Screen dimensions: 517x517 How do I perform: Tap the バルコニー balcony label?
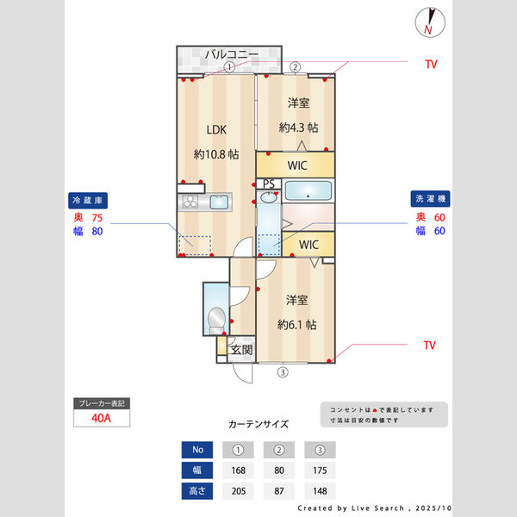click(x=231, y=55)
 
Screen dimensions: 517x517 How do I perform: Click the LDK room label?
click(x=215, y=130)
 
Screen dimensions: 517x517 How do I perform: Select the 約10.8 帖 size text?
click(x=215, y=155)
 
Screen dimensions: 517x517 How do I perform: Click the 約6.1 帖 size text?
click(x=296, y=325)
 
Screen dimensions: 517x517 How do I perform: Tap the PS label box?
click(x=269, y=184)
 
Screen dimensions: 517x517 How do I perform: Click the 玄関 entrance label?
click(x=242, y=350)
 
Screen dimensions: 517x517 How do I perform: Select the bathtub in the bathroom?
click(x=307, y=191)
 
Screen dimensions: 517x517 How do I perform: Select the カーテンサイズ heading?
click(x=258, y=424)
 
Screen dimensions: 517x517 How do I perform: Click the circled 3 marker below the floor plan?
click(x=282, y=373)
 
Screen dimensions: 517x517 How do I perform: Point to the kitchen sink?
click(x=218, y=202)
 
